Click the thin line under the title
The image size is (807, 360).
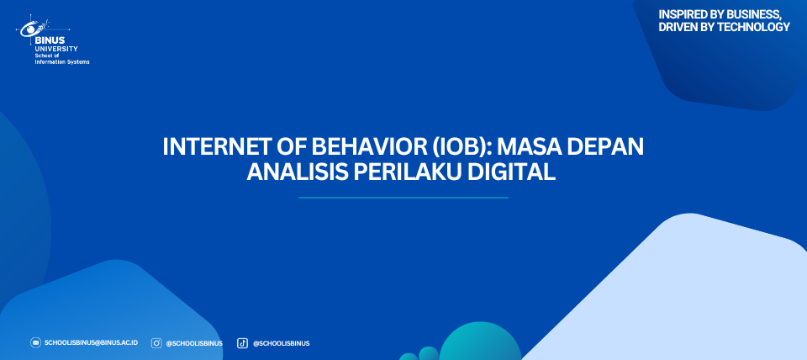tap(403, 198)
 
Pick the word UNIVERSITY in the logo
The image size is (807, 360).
tap(56, 49)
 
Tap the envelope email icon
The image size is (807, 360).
tap(35, 342)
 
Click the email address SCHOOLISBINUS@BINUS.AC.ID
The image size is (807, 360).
tap(91, 343)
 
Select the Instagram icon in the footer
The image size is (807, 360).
tap(156, 343)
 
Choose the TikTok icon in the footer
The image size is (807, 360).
tap(242, 343)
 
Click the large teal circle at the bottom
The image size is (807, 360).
tap(480, 342)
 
